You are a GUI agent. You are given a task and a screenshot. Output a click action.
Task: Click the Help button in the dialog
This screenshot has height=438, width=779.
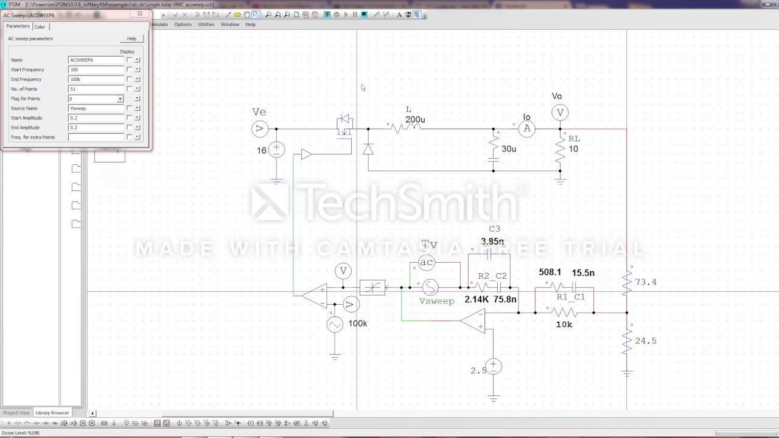(x=131, y=38)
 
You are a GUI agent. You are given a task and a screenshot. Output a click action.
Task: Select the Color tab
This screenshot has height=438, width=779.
(x=40, y=27)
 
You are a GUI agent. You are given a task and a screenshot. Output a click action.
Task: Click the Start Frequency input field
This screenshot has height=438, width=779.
(x=96, y=70)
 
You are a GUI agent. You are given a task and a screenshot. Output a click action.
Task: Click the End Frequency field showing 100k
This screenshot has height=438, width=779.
(x=96, y=79)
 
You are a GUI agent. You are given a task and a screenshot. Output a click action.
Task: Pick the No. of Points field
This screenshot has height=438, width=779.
(x=96, y=89)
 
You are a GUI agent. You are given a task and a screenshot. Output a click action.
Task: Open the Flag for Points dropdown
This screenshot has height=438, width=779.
(x=120, y=99)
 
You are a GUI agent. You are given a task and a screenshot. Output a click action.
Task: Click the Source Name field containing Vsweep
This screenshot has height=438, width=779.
(x=96, y=108)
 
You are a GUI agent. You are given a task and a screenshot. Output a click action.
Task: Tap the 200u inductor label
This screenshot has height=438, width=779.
(x=415, y=120)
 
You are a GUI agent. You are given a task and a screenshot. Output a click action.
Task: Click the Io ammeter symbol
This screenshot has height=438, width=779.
(x=527, y=128)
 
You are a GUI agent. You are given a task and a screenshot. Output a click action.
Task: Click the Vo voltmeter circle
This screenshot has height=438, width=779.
(x=560, y=112)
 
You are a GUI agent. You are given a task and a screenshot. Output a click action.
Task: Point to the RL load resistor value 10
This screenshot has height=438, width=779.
(x=573, y=149)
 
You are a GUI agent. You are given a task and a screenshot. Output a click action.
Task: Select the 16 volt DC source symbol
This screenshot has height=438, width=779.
(x=276, y=150)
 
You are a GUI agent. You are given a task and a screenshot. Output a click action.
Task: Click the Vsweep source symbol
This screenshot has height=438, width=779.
(x=430, y=287)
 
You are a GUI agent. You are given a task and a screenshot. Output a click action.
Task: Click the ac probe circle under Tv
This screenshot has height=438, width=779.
(x=427, y=262)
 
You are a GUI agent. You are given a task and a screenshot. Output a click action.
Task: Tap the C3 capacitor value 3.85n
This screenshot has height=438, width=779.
(x=492, y=242)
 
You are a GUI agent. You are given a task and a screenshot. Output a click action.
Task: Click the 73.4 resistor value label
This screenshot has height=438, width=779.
(x=646, y=282)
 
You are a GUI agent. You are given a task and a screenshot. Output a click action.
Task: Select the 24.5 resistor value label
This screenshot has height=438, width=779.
(x=646, y=341)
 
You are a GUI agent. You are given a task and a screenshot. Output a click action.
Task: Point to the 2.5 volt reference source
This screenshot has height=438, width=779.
(x=494, y=367)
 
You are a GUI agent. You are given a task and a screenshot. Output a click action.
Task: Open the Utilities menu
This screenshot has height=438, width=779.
(x=206, y=24)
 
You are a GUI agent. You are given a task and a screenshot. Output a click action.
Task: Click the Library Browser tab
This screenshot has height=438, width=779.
(x=52, y=412)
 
